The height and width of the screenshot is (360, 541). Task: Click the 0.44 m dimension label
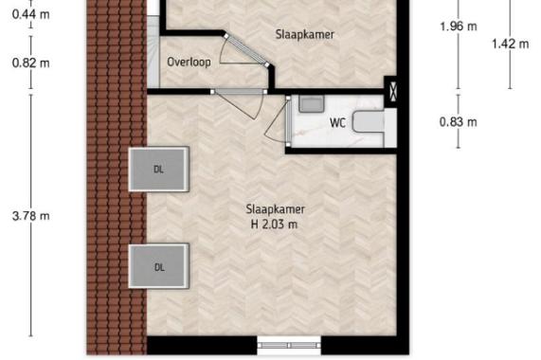point(30,14)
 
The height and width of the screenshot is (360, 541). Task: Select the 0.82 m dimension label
point(30,63)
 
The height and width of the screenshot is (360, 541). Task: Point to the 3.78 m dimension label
point(30,216)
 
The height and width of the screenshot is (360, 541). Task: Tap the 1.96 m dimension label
point(459,27)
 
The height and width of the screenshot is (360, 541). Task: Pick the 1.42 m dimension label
point(510,44)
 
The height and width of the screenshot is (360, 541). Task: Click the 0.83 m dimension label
point(459,121)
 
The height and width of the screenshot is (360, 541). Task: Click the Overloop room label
point(189,63)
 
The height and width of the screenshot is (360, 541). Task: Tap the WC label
point(337,123)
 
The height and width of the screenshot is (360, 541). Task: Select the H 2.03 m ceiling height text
point(275,225)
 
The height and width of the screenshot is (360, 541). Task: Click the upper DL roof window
point(159,170)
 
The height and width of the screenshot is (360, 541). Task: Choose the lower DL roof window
point(159,266)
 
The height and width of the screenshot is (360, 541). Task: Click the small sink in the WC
point(311,104)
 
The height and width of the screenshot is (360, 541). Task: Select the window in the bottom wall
point(289,345)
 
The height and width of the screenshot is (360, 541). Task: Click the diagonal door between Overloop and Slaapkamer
point(246,50)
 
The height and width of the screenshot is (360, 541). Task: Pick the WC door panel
point(288,121)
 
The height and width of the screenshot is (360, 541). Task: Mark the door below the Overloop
point(239,91)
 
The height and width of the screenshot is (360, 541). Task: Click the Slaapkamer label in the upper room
point(305,34)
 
